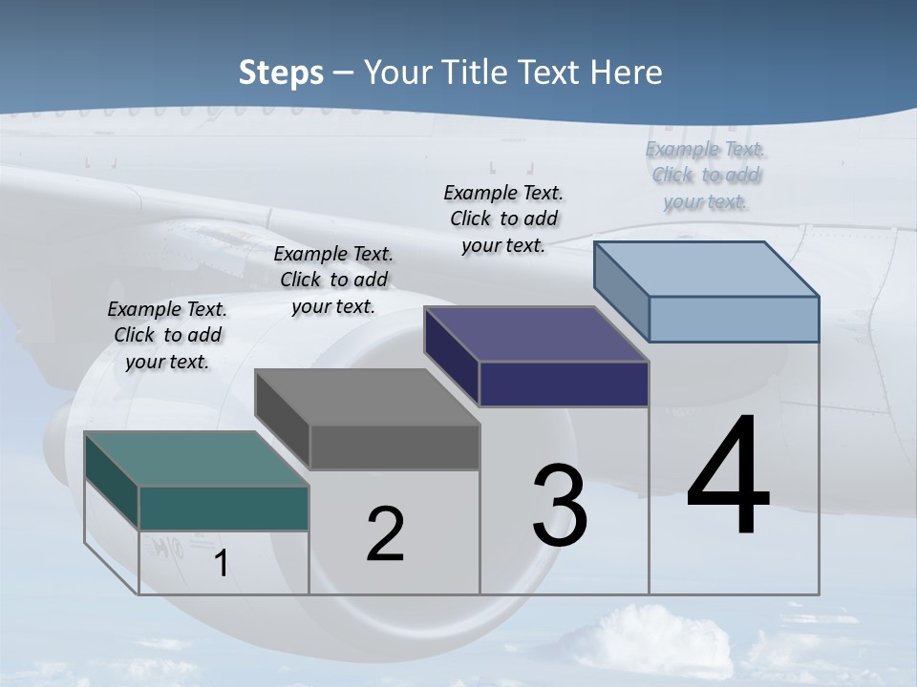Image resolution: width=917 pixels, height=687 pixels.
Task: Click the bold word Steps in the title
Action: pos(281,73)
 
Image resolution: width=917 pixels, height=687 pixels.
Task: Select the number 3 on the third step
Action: pos(560,506)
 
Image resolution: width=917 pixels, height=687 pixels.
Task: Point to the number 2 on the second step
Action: pos(385,534)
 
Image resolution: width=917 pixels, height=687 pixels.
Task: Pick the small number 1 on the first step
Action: pos(221,564)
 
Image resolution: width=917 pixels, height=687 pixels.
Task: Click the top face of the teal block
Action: pos(197,458)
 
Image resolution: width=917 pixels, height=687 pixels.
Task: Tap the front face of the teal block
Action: pos(224,508)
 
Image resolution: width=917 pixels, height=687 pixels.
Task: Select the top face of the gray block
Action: pos(367,397)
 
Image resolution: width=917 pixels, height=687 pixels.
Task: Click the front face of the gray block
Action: pos(395,447)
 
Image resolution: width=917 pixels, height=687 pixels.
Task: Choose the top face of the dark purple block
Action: pos(537,334)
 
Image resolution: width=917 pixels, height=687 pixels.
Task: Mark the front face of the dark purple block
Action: pos(564,384)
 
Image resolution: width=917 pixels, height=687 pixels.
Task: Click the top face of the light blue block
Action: pos(707,269)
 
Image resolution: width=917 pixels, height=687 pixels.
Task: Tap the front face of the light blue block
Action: pos(734,319)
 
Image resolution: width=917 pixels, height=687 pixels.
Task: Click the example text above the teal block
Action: pos(167,335)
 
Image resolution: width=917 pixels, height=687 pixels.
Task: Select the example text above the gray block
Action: pos(333,280)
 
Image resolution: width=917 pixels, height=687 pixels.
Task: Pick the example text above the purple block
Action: pos(503,219)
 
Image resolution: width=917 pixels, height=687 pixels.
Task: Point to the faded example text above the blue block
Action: pos(706,175)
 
